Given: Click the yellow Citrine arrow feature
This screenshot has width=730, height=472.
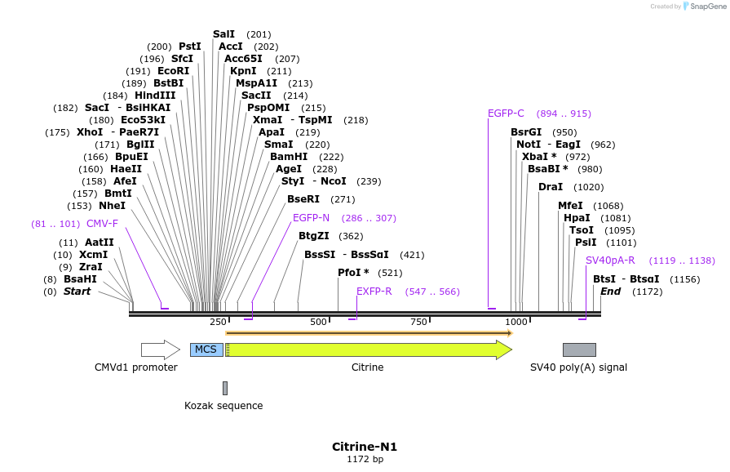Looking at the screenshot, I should (x=367, y=350).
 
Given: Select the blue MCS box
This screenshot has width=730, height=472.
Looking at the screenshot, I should (x=206, y=350).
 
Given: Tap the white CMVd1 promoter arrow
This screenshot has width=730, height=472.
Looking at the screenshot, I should (x=160, y=350).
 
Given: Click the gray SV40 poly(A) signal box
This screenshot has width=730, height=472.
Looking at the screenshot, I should (x=579, y=350).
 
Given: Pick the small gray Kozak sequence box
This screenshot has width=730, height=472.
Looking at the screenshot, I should (x=225, y=388).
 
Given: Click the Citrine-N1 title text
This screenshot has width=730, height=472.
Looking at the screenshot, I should (x=365, y=447).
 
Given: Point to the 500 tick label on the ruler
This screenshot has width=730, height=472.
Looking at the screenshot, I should (x=318, y=323).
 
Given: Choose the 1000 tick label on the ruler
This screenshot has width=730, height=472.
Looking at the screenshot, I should (x=516, y=323).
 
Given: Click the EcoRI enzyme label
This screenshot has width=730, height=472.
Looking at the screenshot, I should (x=173, y=71).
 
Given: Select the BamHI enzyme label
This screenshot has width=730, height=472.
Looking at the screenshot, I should (x=289, y=156).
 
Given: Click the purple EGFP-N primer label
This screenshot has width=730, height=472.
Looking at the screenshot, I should (x=311, y=218).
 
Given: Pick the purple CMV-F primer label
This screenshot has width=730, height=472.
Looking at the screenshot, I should (x=102, y=224).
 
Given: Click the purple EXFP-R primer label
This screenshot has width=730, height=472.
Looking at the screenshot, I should (x=374, y=292).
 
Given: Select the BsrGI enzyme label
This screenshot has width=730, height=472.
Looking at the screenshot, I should (x=526, y=132).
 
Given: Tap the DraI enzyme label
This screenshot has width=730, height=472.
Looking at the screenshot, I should (x=551, y=187).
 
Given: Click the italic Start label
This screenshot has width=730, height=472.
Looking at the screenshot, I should (x=77, y=292).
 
